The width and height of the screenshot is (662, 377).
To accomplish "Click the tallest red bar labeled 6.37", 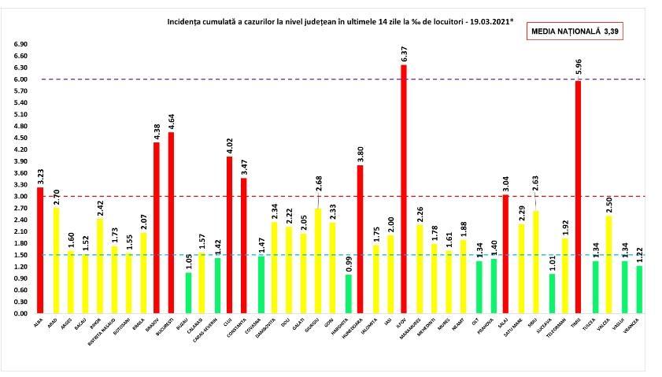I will click(x=404, y=189).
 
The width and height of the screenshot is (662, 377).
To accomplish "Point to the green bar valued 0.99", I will click(x=347, y=294).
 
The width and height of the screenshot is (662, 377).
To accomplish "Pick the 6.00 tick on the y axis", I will click(x=21, y=79).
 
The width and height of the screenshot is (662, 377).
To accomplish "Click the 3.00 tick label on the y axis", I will click(x=21, y=197).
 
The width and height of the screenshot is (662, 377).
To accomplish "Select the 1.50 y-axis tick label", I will click(x=21, y=255).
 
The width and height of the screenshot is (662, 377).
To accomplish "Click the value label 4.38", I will click(x=156, y=131).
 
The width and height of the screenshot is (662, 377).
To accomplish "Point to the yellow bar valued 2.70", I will click(x=55, y=261).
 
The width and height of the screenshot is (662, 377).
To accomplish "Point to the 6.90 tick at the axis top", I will click(x=21, y=45).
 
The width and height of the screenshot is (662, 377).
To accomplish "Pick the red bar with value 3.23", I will click(x=40, y=250).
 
